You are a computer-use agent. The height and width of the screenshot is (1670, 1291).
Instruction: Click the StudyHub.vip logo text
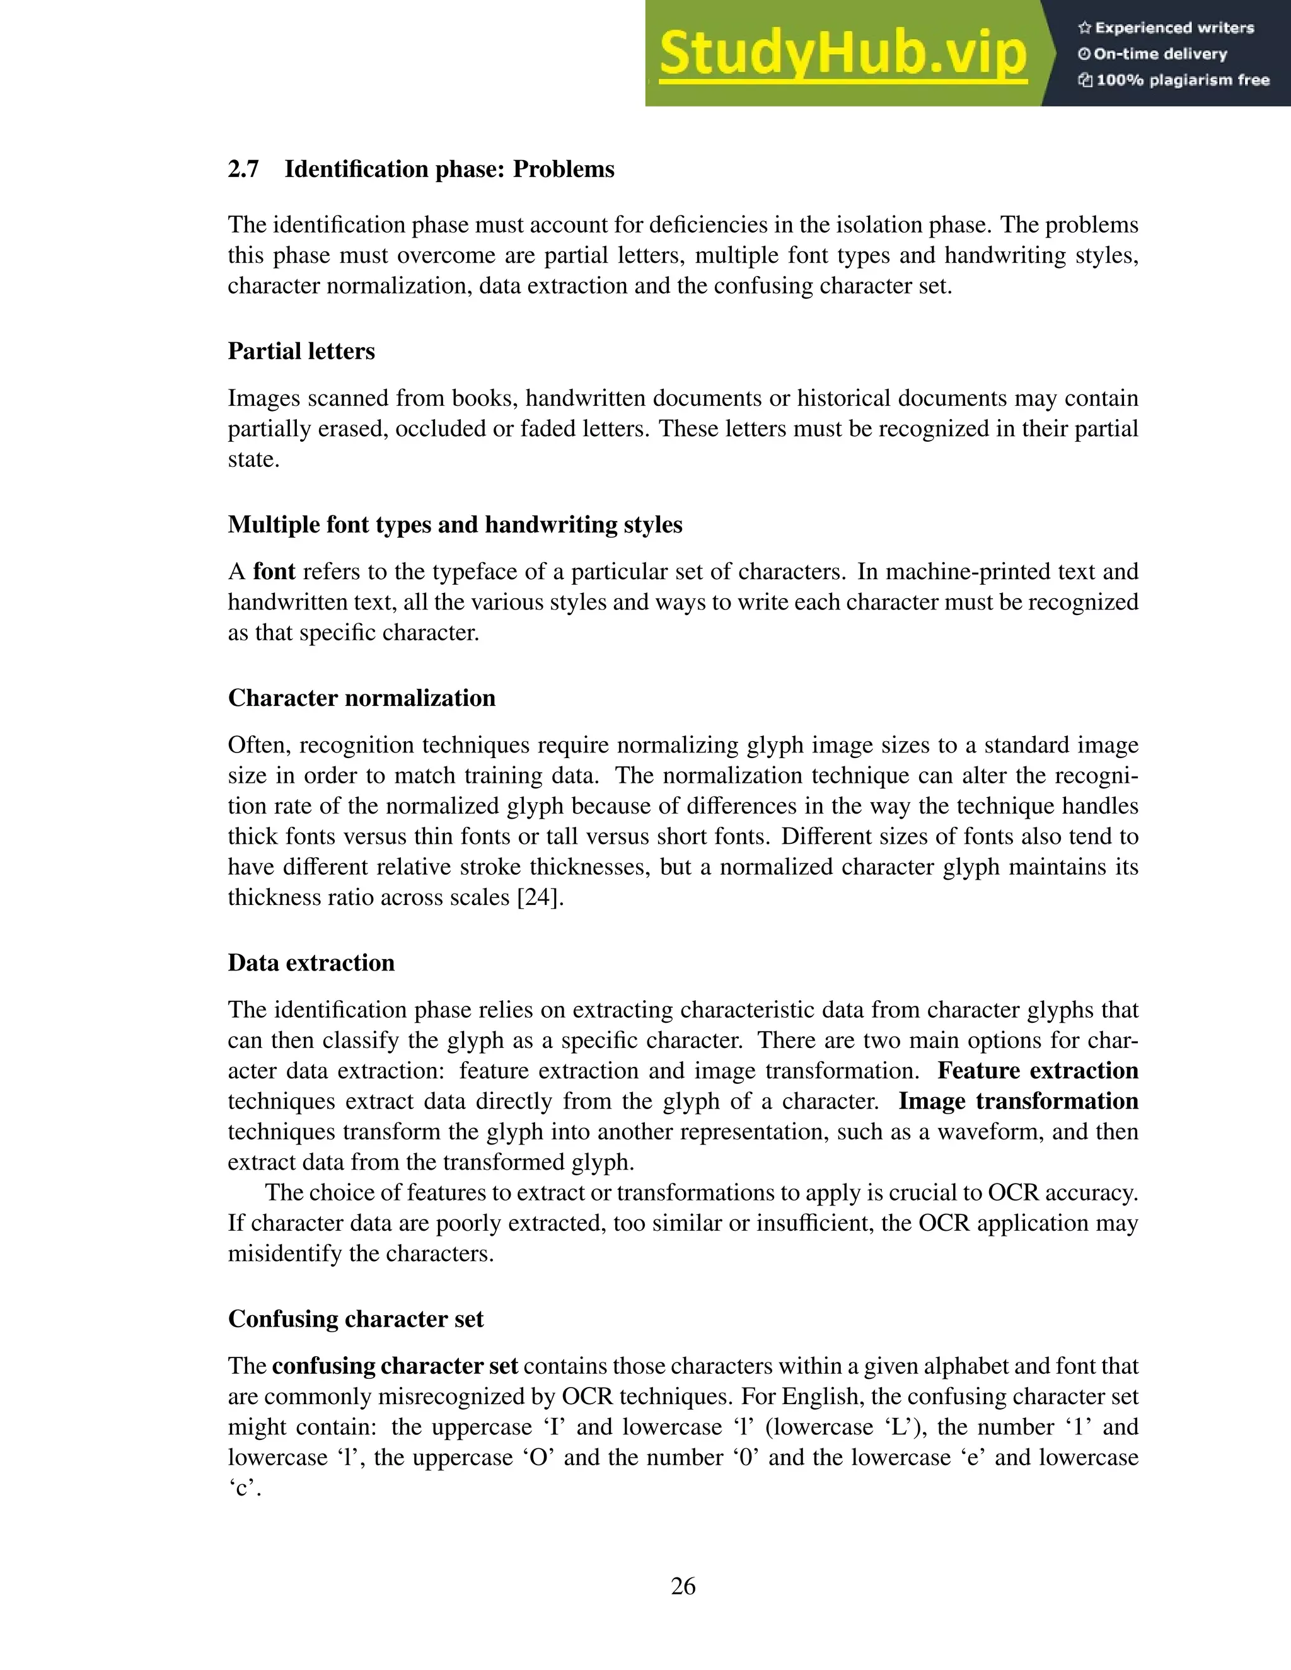click(x=842, y=54)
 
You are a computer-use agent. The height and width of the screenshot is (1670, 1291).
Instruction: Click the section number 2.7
click(x=243, y=170)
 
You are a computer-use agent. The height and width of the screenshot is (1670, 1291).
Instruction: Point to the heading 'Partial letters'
click(x=301, y=352)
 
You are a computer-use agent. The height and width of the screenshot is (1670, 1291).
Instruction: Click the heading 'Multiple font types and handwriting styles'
click(x=455, y=524)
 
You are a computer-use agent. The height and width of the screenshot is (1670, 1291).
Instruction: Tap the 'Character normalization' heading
click(x=362, y=698)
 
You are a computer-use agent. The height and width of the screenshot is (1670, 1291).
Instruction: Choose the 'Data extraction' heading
click(x=311, y=963)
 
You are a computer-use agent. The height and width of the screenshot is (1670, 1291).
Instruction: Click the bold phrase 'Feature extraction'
click(x=1038, y=1071)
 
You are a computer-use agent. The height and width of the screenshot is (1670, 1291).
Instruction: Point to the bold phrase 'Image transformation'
click(x=1018, y=1101)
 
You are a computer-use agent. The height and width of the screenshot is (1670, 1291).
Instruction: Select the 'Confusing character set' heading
click(x=356, y=1319)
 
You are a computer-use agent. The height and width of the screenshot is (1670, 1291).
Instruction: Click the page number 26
click(x=683, y=1587)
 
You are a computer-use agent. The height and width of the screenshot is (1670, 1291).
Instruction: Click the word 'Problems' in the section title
click(x=564, y=170)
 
